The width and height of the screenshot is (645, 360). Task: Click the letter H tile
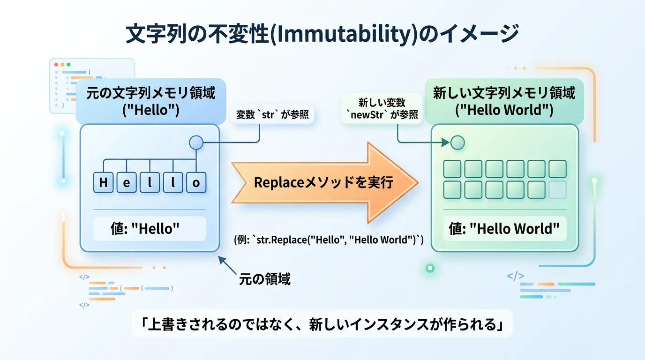point(103,182)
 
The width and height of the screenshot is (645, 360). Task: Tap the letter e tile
point(127,182)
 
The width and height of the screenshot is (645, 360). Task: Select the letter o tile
point(196,182)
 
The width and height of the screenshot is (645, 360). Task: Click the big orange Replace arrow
point(323,182)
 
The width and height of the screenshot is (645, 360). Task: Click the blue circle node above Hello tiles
point(196,142)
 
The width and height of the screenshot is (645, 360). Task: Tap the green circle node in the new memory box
point(457,142)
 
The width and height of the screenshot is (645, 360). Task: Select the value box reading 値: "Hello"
point(150,229)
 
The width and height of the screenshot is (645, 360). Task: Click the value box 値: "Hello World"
point(504,229)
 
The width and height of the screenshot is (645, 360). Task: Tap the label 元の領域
point(265,279)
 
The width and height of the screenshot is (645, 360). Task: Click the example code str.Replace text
point(329,240)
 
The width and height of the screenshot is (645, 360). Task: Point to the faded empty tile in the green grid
point(557,190)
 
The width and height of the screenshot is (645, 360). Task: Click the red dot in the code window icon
point(56,64)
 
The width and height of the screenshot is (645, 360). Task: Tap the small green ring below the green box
point(430,268)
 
